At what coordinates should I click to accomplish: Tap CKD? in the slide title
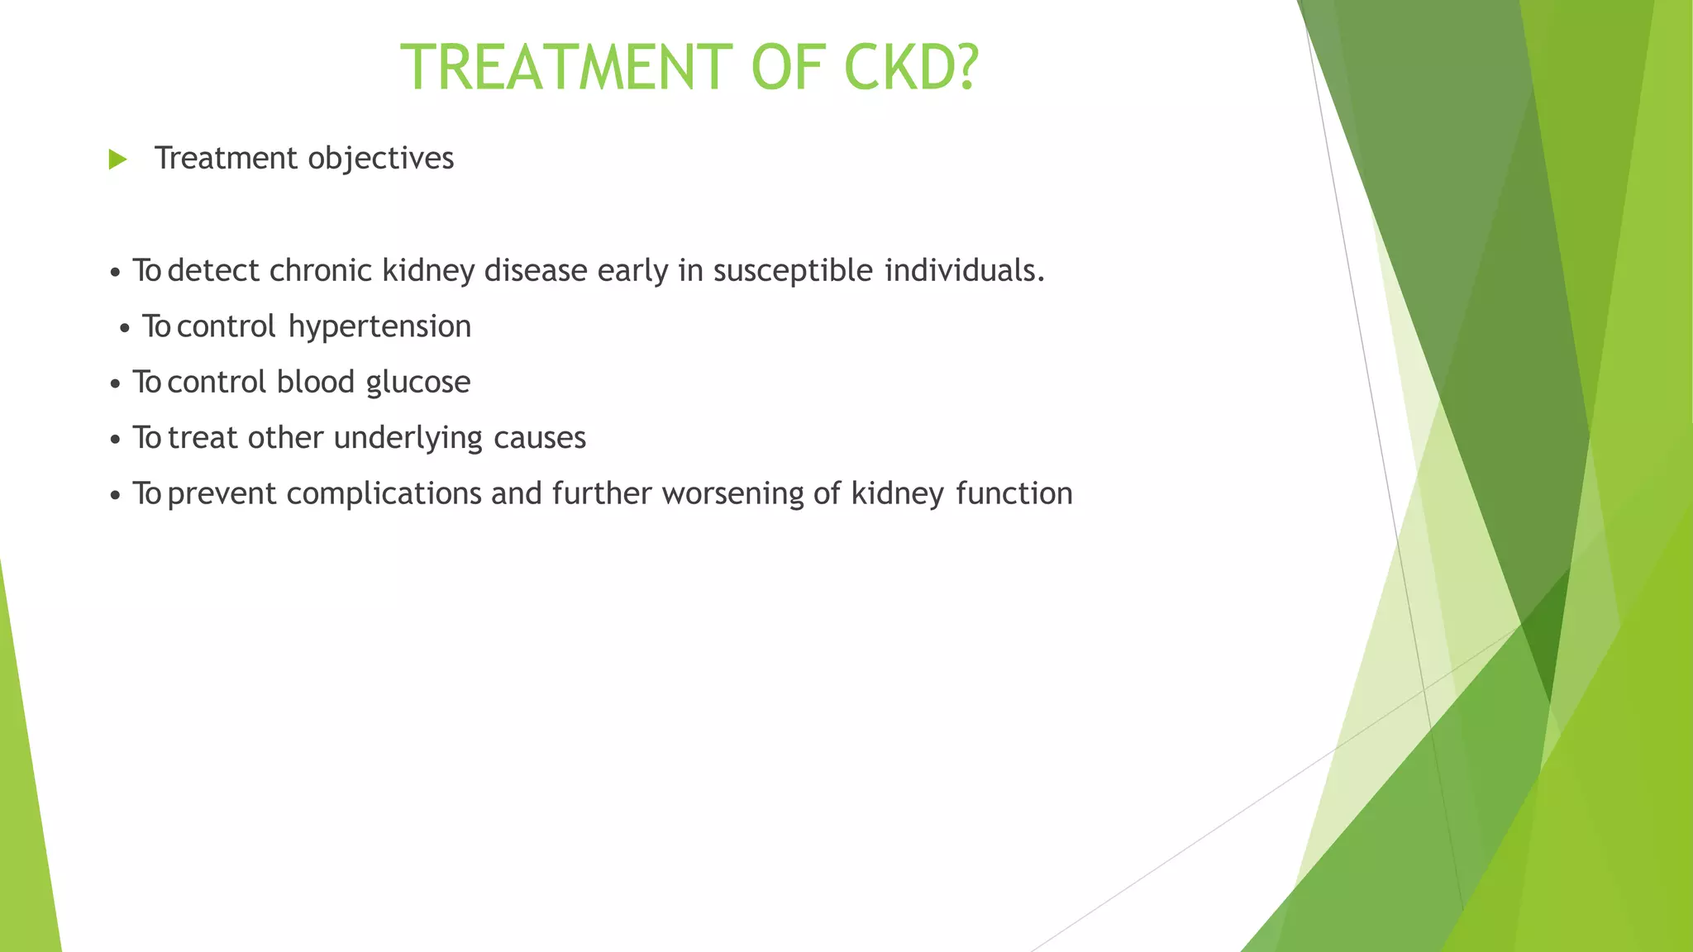911,68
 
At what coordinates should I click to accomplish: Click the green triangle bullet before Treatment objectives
117,159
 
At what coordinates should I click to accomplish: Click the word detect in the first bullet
213,271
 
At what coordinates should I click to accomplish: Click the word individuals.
964,271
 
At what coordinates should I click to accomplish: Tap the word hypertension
379,327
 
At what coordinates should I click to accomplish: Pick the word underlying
408,438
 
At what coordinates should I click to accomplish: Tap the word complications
383,494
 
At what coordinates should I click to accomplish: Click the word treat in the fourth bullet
203,438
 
